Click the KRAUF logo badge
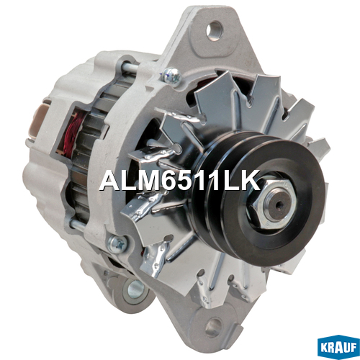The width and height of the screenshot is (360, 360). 338,346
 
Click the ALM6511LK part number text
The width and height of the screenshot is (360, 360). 180,181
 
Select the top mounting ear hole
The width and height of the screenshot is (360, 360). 215,30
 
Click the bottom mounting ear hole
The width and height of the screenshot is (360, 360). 213,327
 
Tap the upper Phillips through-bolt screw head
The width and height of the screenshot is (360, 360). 171,76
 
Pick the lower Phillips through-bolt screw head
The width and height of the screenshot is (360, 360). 117,243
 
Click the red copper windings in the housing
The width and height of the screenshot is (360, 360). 72,135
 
